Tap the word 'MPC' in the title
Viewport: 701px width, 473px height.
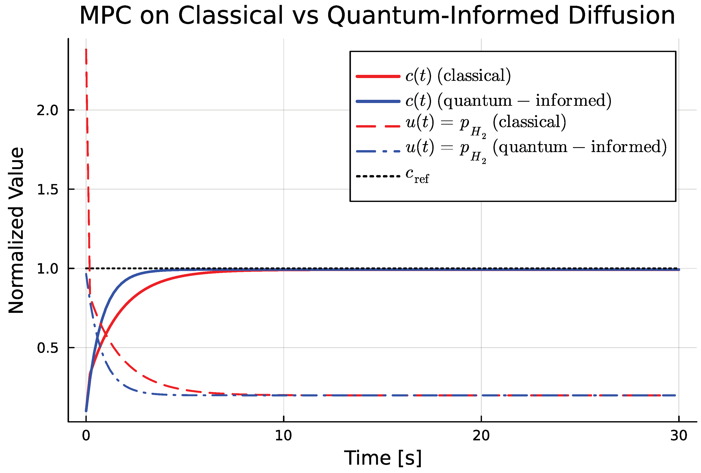click(x=105, y=16)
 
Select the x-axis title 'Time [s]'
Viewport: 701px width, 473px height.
click(x=382, y=458)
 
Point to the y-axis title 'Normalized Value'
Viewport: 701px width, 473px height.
click(x=16, y=231)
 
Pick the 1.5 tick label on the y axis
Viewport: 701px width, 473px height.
click(x=47, y=189)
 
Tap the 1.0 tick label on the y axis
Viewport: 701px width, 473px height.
click(x=47, y=269)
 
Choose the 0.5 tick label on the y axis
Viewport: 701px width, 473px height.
click(x=47, y=348)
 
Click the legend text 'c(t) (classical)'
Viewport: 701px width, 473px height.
click(x=458, y=75)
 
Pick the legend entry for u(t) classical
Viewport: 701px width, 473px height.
click(x=486, y=124)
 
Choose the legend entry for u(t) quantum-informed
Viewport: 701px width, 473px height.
click(x=536, y=149)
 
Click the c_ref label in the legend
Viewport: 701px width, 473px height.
click(x=417, y=175)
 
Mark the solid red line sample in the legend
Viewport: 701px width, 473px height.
click(x=378, y=76)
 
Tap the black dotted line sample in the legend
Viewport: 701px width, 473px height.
click(x=378, y=176)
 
